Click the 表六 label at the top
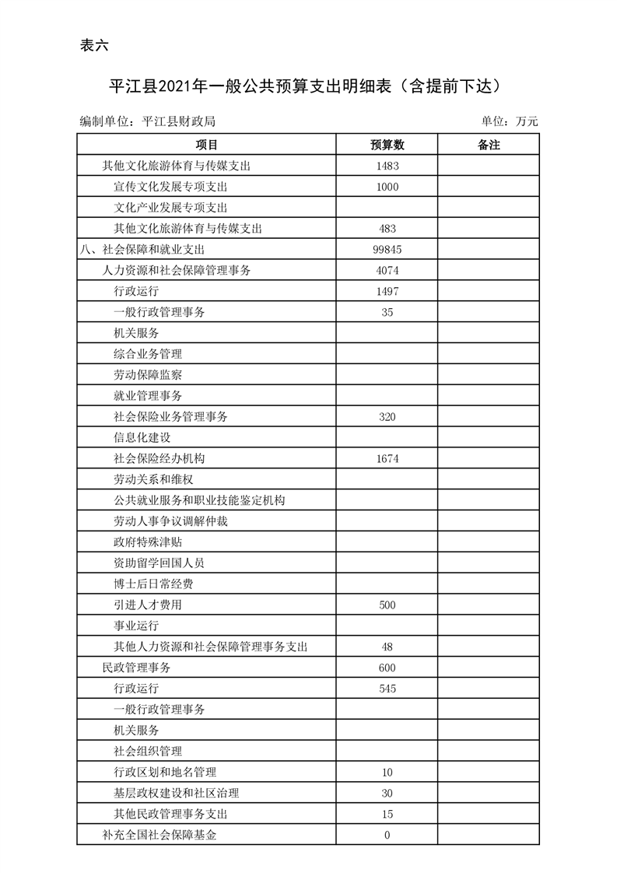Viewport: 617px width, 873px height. [94, 45]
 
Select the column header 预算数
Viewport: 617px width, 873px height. [387, 145]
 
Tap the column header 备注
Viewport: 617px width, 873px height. [488, 145]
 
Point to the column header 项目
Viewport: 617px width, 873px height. [206, 145]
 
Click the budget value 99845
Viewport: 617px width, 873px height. [387, 250]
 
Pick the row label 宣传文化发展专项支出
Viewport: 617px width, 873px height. [170, 187]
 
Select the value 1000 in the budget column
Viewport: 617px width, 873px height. [387, 187]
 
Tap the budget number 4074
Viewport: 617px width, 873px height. [387, 271]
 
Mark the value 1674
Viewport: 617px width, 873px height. [387, 459]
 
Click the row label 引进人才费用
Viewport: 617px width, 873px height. [148, 605]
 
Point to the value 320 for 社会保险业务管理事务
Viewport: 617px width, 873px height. [387, 417]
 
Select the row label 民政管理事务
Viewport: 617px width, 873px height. [136, 668]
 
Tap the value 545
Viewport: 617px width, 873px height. [387, 689]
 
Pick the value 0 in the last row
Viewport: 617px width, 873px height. [387, 836]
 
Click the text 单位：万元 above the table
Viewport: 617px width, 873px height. [510, 121]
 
